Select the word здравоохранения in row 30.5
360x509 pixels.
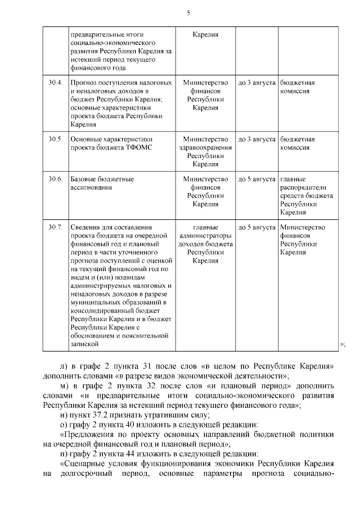205,147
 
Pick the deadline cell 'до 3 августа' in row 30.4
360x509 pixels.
256,83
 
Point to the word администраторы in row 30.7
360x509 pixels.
205,236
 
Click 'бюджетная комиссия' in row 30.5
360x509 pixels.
297,143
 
